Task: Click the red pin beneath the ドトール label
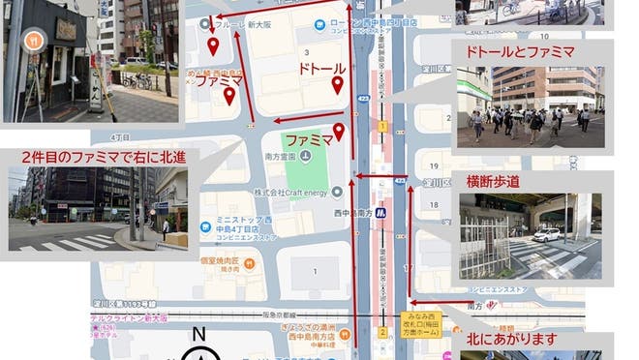(x=337, y=86)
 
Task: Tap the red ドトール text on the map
(x=321, y=70)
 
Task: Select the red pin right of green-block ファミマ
(x=339, y=133)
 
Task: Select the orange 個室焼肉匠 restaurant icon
(x=250, y=262)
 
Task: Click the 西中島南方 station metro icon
(x=381, y=212)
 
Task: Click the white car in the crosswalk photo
(x=547, y=234)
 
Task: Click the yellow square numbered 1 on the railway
(x=383, y=127)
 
